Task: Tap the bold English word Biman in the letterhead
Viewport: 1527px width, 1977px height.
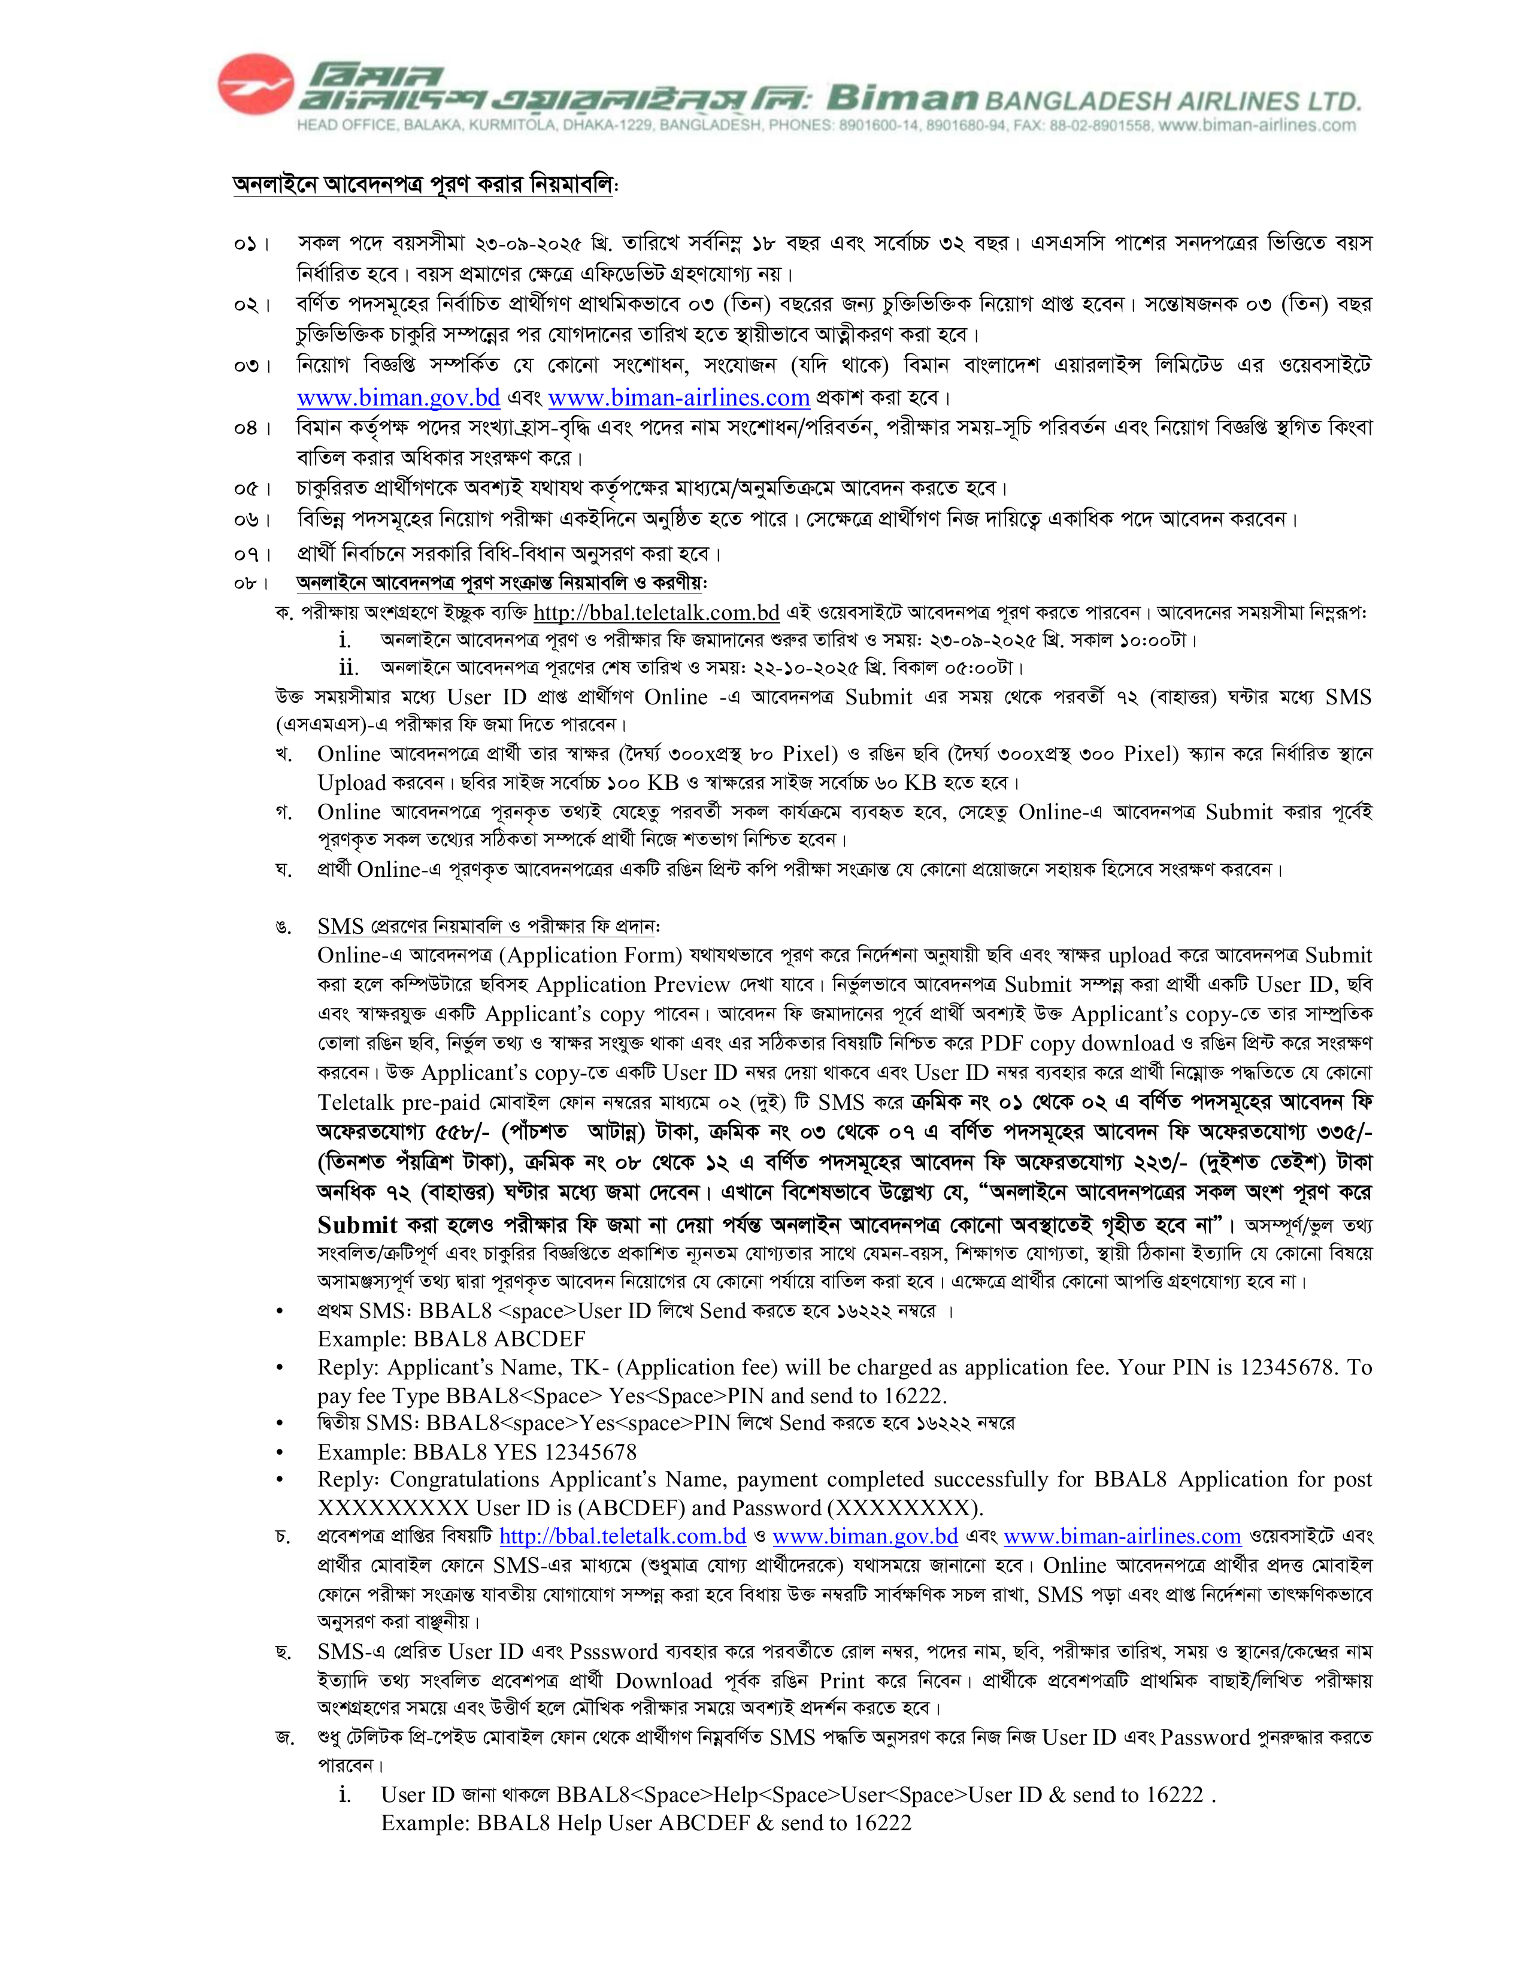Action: point(902,97)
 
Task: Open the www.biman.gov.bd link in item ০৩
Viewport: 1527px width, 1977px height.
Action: point(398,398)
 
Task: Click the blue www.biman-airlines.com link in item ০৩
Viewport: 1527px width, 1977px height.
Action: point(679,398)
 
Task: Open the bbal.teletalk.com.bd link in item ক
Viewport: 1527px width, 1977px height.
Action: point(656,613)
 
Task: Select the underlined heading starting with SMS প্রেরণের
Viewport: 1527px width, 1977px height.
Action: point(489,926)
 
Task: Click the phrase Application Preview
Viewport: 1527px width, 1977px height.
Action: point(633,985)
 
